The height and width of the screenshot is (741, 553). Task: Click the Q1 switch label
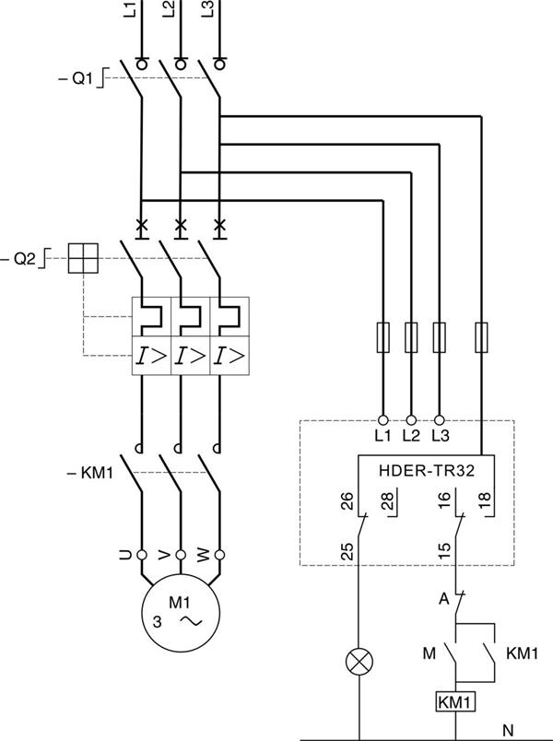76,78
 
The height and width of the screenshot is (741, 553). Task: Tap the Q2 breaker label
19,258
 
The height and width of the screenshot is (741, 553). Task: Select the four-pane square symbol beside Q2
83,258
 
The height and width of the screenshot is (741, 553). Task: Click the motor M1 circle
181,613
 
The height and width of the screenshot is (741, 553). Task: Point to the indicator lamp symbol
359,661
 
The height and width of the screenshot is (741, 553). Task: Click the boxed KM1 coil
455,701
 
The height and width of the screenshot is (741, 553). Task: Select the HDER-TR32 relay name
427,471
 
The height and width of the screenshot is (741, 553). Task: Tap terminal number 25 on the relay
347,551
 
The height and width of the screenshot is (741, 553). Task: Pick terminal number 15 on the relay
444,551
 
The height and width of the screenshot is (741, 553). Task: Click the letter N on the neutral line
508,730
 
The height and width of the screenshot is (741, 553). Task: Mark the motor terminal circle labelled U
142,554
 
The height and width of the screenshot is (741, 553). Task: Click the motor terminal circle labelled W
219,554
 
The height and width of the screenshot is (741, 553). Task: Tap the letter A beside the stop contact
443,599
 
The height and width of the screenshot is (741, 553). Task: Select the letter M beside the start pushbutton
429,653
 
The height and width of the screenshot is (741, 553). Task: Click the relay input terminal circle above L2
411,419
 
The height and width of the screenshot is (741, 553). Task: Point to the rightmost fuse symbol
481,337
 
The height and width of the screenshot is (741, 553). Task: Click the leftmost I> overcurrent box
151,356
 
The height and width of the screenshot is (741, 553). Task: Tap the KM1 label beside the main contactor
90,473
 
